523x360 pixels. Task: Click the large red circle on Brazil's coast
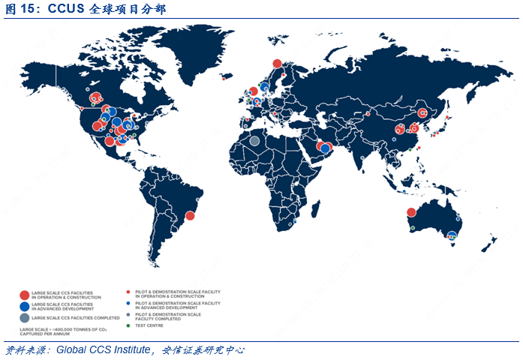tap(190, 216)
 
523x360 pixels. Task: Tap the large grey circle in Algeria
tap(255, 140)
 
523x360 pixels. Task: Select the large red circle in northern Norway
tap(277, 64)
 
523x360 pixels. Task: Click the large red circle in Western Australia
tap(411, 212)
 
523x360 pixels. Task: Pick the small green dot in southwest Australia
tap(413, 227)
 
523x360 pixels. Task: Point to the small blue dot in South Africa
tap(295, 220)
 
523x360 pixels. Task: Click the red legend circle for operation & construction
tap(25, 295)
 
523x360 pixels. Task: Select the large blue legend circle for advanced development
tap(25, 306)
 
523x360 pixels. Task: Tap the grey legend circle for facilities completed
tap(25, 318)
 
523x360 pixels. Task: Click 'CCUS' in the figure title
tap(68, 9)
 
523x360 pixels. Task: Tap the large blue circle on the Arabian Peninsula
tap(325, 148)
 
